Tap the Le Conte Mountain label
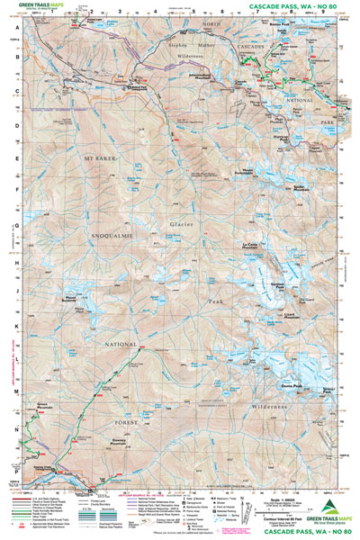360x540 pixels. [x=256, y=246]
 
